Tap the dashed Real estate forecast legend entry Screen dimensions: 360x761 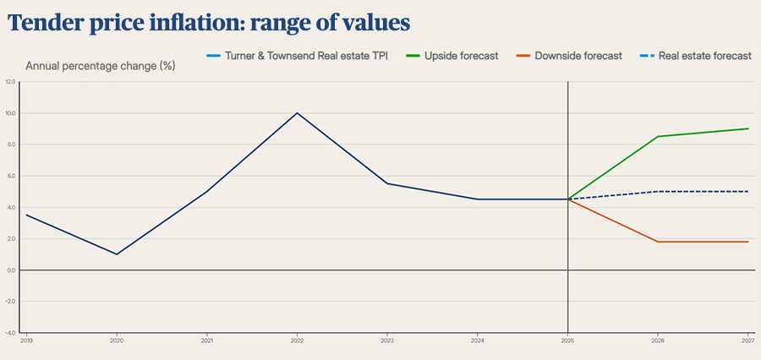point(705,56)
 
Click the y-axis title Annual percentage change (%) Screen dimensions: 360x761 point(101,66)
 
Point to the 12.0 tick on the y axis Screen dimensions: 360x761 point(10,82)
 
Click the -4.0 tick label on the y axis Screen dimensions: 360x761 point(10,332)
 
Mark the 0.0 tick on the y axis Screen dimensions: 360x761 point(10,270)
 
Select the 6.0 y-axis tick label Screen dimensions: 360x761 point(10,176)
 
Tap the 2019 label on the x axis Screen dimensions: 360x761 point(26,340)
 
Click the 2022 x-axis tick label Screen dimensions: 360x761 point(297,340)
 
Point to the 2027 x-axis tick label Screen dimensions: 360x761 point(747,340)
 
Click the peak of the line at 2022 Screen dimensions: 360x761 point(297,113)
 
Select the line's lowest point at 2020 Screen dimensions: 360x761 point(117,254)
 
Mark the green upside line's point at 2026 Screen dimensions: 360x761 point(658,136)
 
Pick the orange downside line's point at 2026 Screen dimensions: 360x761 point(658,242)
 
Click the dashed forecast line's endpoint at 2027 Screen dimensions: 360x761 point(747,191)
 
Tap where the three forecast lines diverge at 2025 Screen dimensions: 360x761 point(567,199)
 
